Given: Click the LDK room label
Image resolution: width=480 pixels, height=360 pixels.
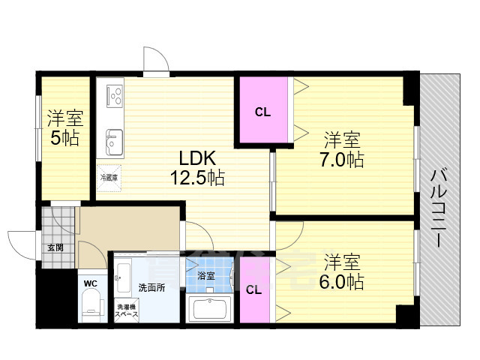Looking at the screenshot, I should pyautogui.click(x=196, y=158).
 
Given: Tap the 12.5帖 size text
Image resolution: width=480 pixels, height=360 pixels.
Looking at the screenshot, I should pyautogui.click(x=196, y=178).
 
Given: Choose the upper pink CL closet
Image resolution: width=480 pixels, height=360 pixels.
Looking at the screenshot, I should pyautogui.click(x=262, y=112).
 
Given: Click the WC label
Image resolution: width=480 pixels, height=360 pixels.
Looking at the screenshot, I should pyautogui.click(x=90, y=283).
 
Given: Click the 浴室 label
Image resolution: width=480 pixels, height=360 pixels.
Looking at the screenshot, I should pyautogui.click(x=205, y=276).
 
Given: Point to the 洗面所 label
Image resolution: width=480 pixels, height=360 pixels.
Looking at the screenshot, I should pyautogui.click(x=151, y=287).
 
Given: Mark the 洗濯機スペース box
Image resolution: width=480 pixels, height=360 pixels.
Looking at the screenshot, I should pyautogui.click(x=126, y=310).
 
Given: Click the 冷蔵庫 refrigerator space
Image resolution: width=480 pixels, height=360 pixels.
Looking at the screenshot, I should pyautogui.click(x=108, y=178).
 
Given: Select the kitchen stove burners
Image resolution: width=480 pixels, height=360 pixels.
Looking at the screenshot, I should pyautogui.click(x=114, y=95).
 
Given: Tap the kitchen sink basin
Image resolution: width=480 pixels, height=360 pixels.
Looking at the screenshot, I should pyautogui.click(x=114, y=140).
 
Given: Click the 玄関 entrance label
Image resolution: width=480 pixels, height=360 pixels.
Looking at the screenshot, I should pyautogui.click(x=55, y=247).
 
